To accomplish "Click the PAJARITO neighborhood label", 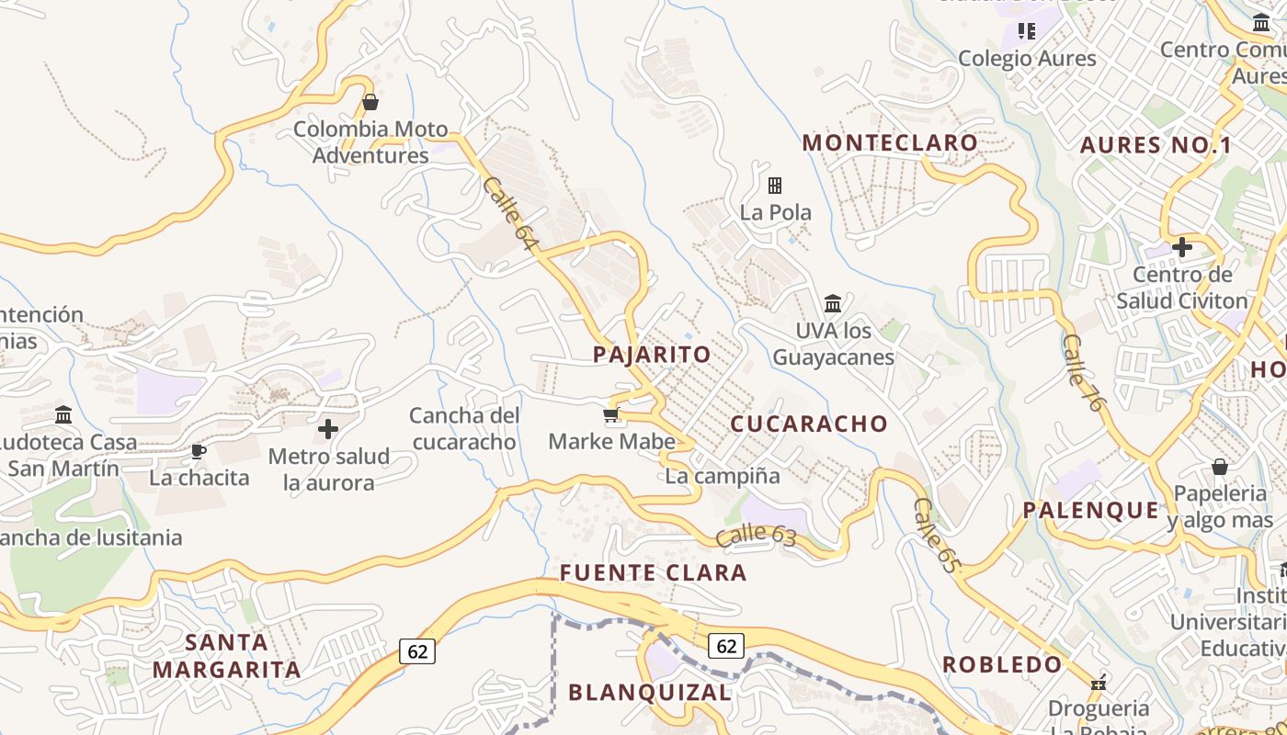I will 652,355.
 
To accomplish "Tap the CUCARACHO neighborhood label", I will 809,424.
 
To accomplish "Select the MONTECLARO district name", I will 890,142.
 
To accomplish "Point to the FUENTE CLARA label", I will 653,573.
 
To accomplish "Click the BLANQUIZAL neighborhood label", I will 650,692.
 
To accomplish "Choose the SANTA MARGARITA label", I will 226,655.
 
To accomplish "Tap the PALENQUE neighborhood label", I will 1091,510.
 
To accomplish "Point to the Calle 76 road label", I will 1081,371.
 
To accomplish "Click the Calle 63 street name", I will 756,535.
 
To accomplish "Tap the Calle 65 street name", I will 936,536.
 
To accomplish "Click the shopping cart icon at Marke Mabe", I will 611,415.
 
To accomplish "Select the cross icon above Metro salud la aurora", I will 328,429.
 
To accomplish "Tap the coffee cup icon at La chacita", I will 198,451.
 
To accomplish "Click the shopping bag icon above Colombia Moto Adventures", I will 370,102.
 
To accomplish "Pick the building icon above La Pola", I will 775,186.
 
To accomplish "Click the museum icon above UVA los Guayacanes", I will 833,303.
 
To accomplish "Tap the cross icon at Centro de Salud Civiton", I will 1182,246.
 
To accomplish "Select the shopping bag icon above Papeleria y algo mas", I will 1219,467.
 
